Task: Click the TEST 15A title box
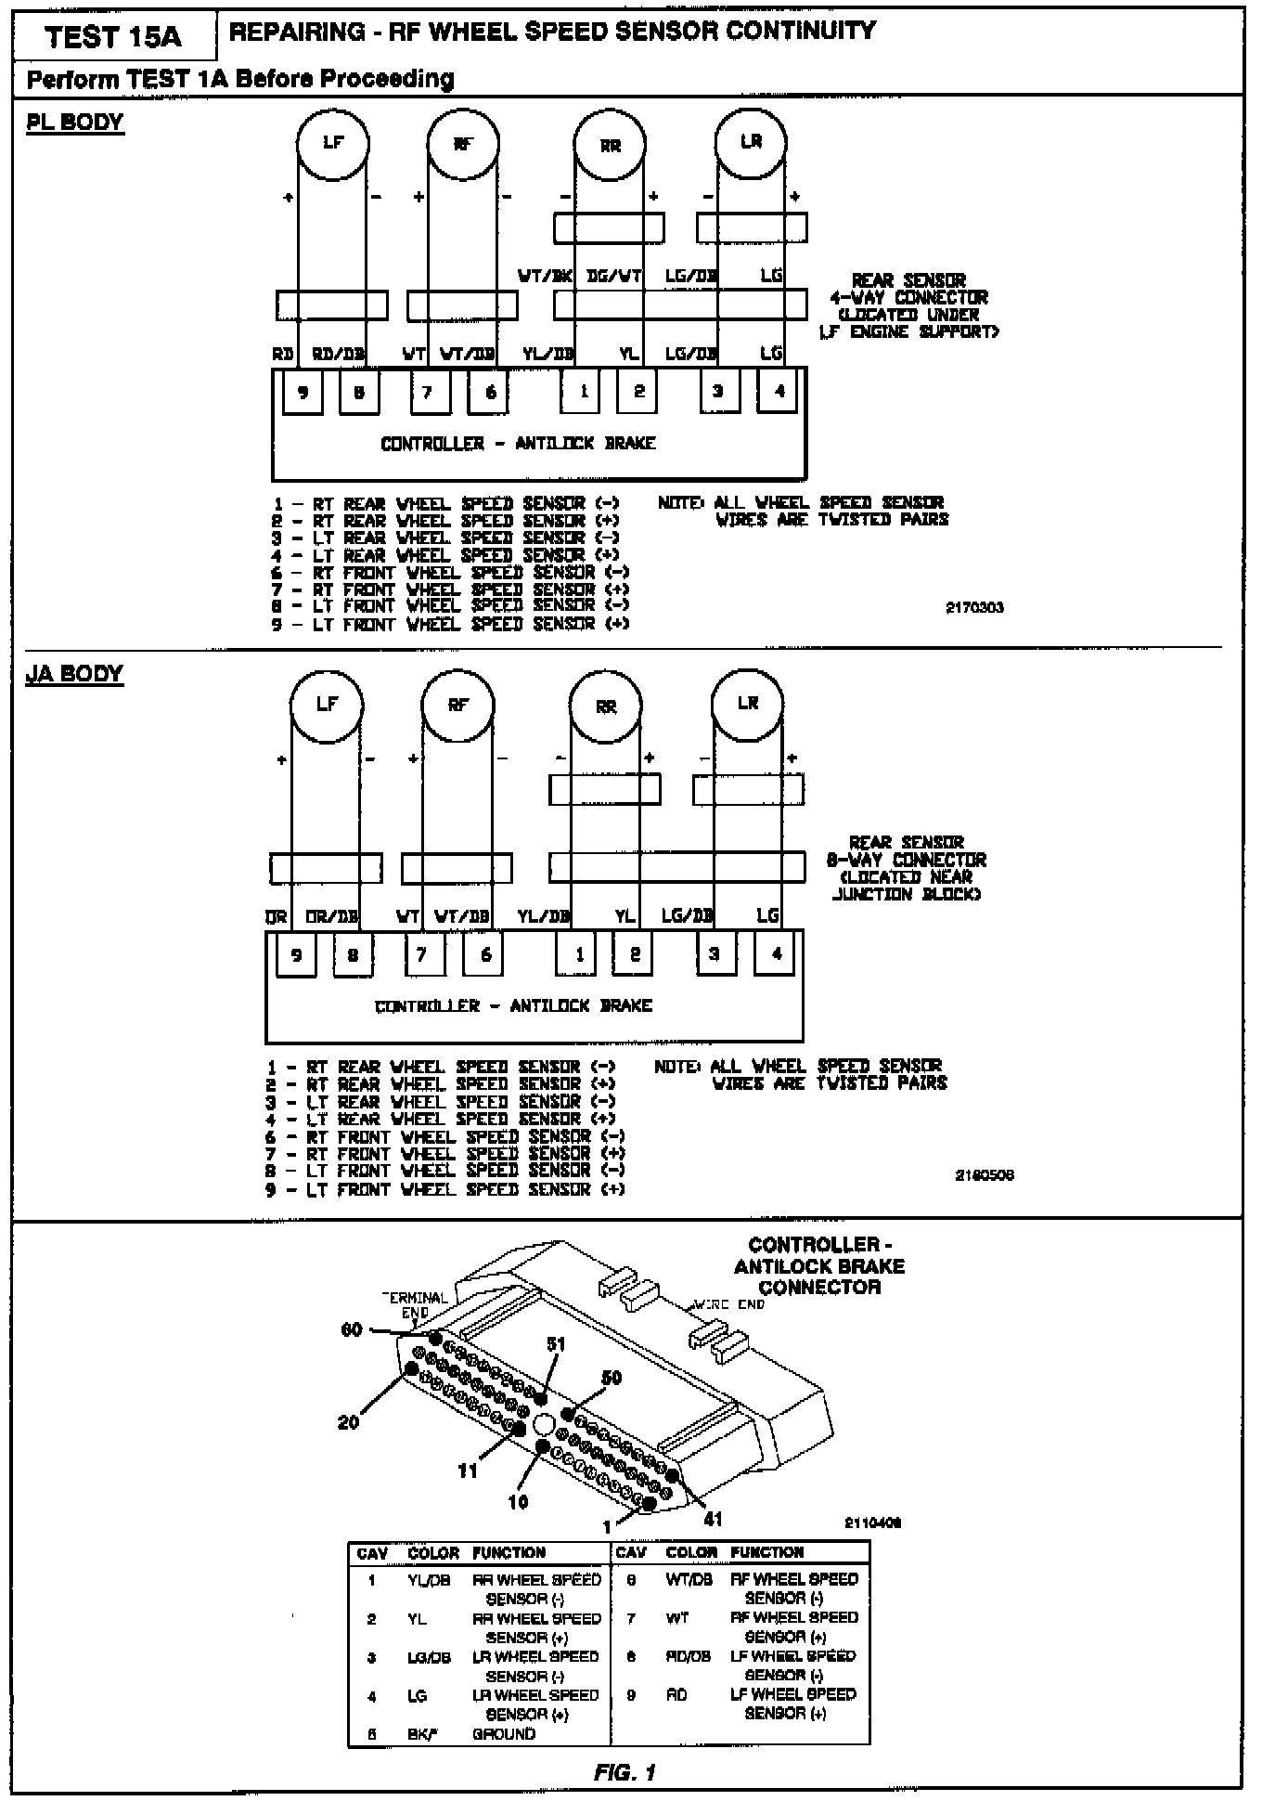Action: point(113,36)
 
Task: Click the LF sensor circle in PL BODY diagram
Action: point(332,143)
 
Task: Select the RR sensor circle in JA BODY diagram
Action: point(606,707)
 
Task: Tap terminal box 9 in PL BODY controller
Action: point(303,392)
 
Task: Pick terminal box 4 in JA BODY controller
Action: point(777,953)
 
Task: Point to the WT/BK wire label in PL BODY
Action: point(545,276)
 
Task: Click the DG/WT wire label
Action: point(614,276)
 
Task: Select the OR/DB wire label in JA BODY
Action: point(332,916)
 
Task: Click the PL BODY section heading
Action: point(74,123)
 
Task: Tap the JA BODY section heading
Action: point(74,674)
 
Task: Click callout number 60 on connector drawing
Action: point(352,1329)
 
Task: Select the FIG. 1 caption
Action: point(625,1772)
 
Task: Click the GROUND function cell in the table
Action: point(504,1733)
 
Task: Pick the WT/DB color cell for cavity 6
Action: point(689,1578)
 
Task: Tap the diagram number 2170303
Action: point(974,608)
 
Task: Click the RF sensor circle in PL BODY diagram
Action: point(463,144)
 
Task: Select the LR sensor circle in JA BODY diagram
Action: point(748,704)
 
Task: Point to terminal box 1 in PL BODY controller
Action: point(583,392)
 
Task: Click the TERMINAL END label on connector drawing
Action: point(415,1304)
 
